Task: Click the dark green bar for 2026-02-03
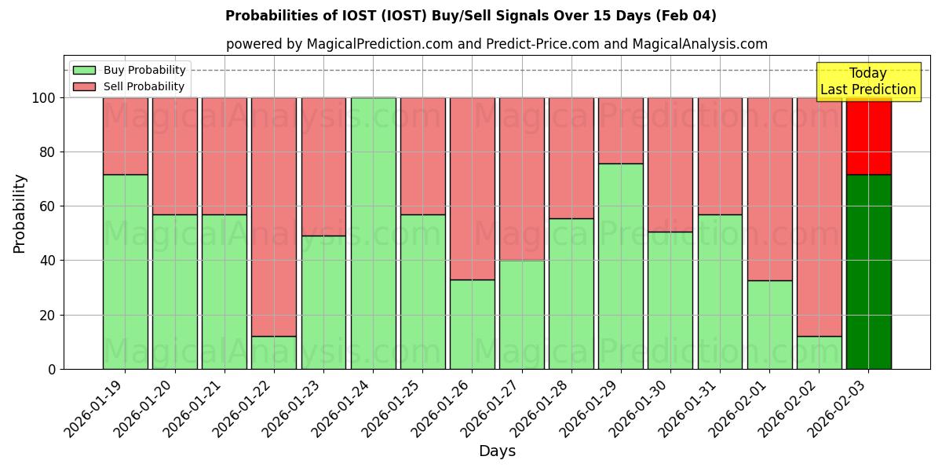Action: tap(868, 272)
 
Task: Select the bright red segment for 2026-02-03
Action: tap(868, 136)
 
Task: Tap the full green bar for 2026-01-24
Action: tap(373, 233)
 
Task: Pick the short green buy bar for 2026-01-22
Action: tap(274, 352)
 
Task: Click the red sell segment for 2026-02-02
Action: tap(819, 217)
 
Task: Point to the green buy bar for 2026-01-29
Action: tap(621, 266)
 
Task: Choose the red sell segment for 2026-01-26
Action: tap(473, 188)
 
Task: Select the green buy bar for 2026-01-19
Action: tap(126, 272)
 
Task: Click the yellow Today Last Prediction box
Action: tap(868, 82)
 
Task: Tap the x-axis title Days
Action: tap(497, 451)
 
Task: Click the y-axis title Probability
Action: tap(20, 214)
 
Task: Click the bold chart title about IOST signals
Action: tap(471, 16)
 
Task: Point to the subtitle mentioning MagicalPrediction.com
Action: tap(497, 44)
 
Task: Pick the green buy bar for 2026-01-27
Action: tap(522, 315)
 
